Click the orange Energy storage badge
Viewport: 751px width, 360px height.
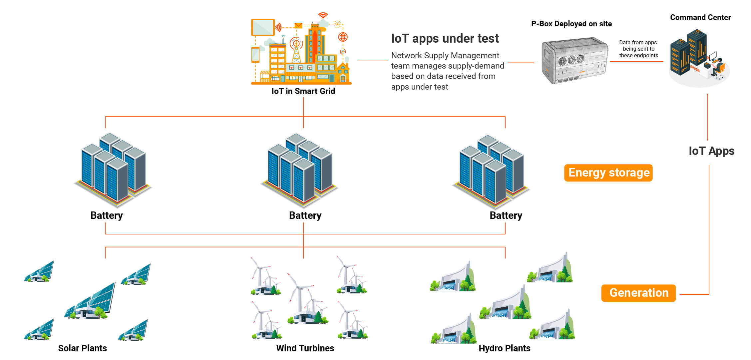click(608, 173)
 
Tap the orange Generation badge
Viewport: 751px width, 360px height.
click(638, 293)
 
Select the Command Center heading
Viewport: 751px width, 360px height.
click(700, 18)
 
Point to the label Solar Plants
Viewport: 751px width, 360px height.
click(82, 348)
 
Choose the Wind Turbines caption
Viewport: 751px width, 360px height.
click(305, 348)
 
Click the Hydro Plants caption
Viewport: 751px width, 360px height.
click(504, 348)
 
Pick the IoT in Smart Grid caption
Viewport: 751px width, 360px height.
click(303, 91)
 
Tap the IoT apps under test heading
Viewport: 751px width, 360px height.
click(445, 39)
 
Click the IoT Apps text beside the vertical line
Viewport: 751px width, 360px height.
click(711, 151)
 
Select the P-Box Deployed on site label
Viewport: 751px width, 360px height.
click(571, 24)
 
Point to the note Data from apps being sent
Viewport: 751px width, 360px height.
click(638, 49)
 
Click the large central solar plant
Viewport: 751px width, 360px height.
click(91, 301)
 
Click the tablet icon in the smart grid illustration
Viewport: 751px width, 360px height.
click(263, 27)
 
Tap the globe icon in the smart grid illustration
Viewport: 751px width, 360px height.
click(343, 37)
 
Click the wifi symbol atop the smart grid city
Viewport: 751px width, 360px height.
click(323, 15)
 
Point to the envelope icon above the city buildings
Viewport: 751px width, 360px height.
click(298, 26)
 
